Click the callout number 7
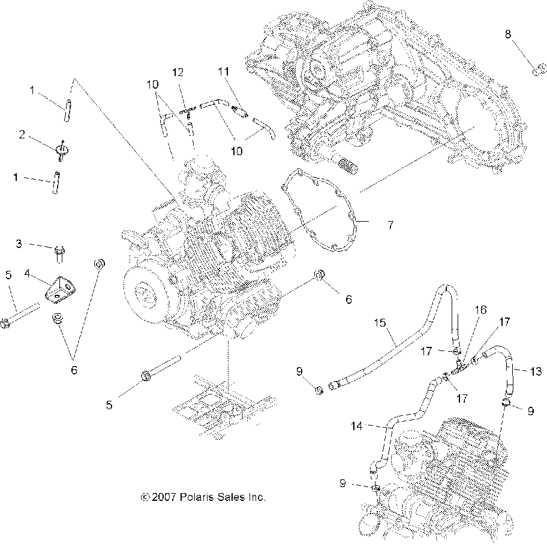(x=390, y=225)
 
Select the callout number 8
(x=508, y=34)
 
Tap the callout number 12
(x=178, y=72)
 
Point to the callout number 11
(x=224, y=72)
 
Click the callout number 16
(x=480, y=310)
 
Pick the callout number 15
(x=380, y=323)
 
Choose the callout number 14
(x=356, y=426)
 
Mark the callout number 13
(x=536, y=371)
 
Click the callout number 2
(x=22, y=135)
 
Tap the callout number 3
(x=19, y=244)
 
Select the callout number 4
(x=28, y=274)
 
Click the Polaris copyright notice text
(x=203, y=497)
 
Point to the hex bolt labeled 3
(x=59, y=254)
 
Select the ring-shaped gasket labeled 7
(x=318, y=210)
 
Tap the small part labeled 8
(x=539, y=68)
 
